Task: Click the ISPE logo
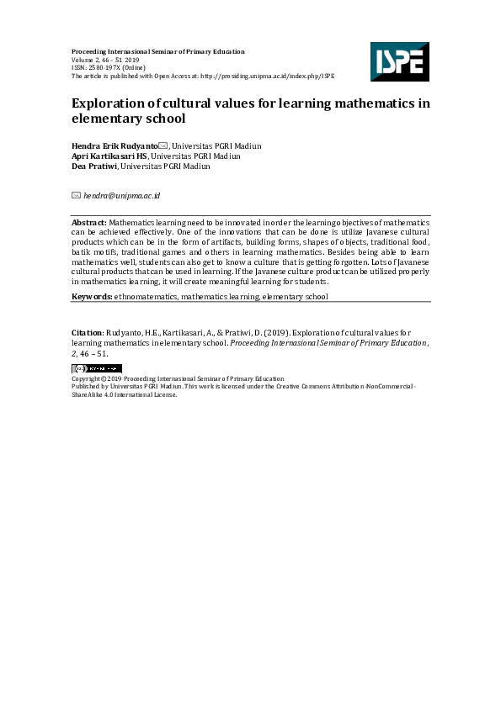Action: (x=399, y=61)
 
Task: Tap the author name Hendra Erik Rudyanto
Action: (x=115, y=146)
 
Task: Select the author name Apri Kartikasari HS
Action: (x=109, y=156)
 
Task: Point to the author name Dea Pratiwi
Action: (x=94, y=166)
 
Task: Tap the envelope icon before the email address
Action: (x=76, y=196)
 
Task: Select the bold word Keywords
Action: (x=92, y=297)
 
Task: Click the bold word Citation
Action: (x=88, y=334)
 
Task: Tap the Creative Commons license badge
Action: (x=97, y=368)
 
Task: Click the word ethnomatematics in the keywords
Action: (x=146, y=297)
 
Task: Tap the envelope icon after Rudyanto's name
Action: (x=163, y=146)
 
